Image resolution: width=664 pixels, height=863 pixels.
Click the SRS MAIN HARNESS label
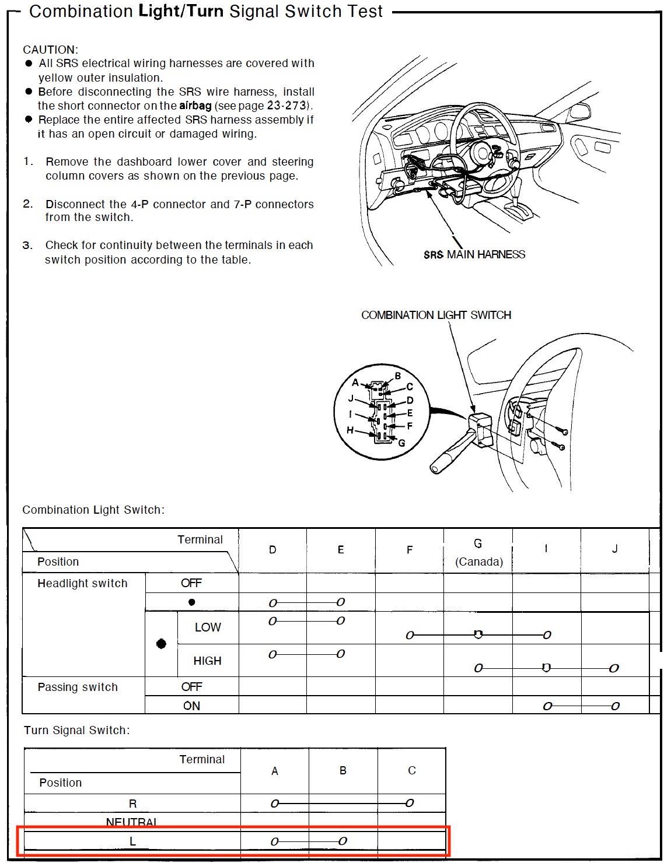point(474,254)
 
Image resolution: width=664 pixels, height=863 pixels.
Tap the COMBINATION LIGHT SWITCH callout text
point(436,315)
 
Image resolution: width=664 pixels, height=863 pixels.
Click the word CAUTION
point(50,50)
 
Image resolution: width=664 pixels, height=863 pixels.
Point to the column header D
point(272,550)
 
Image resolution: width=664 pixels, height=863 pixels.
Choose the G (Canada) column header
point(478,552)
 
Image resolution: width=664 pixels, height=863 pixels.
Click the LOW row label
point(207,627)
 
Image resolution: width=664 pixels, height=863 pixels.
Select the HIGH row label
point(207,661)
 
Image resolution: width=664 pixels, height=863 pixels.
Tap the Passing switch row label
point(78,687)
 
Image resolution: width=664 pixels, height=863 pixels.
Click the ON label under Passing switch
point(191,706)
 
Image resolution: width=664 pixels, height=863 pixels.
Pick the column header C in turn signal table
point(412,770)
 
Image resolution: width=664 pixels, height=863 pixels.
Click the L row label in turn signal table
point(132,841)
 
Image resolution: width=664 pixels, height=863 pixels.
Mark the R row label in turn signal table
point(132,804)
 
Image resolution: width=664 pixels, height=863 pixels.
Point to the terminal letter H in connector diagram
point(350,430)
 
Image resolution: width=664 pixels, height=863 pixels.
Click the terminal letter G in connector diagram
point(402,443)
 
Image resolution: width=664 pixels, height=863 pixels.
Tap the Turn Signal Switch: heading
point(76,731)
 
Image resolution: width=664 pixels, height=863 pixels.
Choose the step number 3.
point(27,245)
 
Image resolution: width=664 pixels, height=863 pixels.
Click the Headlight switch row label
point(82,584)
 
